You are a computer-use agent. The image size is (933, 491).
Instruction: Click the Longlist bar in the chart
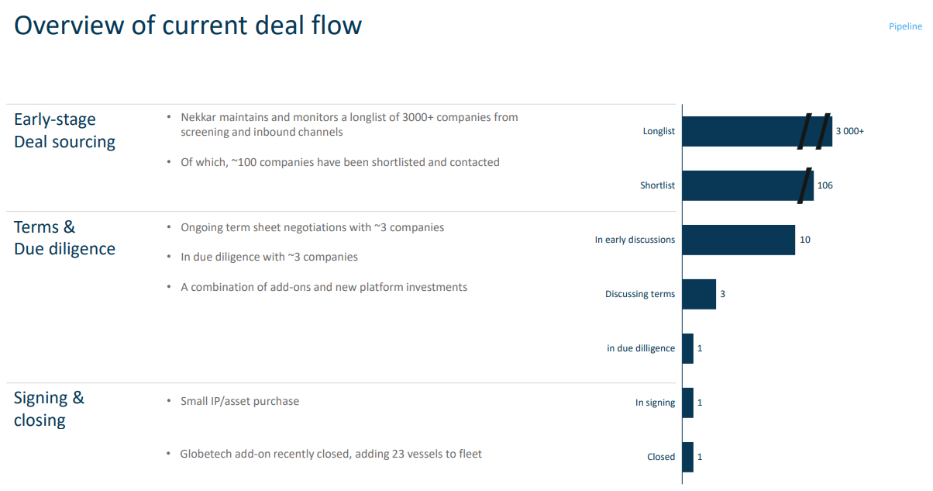coord(744,131)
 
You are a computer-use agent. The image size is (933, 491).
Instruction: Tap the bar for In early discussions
coord(738,240)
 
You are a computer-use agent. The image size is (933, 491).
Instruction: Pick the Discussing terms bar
coord(699,294)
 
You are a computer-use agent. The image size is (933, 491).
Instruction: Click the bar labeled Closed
coord(688,457)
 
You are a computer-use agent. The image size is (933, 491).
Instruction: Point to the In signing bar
coord(688,403)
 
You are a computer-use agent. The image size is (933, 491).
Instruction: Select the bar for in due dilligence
coord(688,348)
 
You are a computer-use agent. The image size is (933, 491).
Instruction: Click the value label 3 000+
coord(849,131)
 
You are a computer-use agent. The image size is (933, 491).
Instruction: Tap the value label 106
coord(825,185)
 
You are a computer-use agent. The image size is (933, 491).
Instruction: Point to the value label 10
coord(805,240)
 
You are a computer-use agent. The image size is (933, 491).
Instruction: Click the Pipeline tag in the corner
coord(905,26)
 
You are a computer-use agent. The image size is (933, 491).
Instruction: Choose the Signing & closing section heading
coord(50,409)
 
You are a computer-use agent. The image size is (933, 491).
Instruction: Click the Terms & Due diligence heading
coord(64,237)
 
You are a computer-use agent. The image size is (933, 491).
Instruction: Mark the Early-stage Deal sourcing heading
coord(64,130)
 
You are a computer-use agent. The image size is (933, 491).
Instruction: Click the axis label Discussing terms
coord(640,294)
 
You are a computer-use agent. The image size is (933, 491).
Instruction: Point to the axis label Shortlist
coord(657,185)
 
